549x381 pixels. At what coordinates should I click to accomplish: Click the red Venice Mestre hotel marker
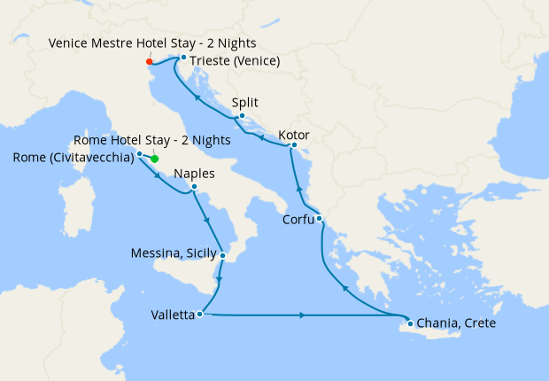[149, 62]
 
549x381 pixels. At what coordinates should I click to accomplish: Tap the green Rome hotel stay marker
[154, 159]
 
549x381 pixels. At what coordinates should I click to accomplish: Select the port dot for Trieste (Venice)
[182, 58]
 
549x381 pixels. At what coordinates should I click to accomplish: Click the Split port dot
[242, 115]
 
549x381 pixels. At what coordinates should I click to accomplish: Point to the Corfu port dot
[319, 219]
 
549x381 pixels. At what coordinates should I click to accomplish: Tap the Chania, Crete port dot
[409, 323]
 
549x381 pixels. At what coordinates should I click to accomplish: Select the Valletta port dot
[202, 314]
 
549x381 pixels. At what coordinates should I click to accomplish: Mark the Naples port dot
[194, 187]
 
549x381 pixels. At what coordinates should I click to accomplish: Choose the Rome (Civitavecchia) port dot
[139, 154]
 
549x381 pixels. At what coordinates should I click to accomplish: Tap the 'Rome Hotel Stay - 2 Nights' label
[153, 140]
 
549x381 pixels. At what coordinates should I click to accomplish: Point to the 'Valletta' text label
[173, 315]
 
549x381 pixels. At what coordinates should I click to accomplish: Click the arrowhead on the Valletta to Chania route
[304, 315]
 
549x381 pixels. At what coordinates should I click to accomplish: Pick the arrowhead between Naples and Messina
[207, 221]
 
